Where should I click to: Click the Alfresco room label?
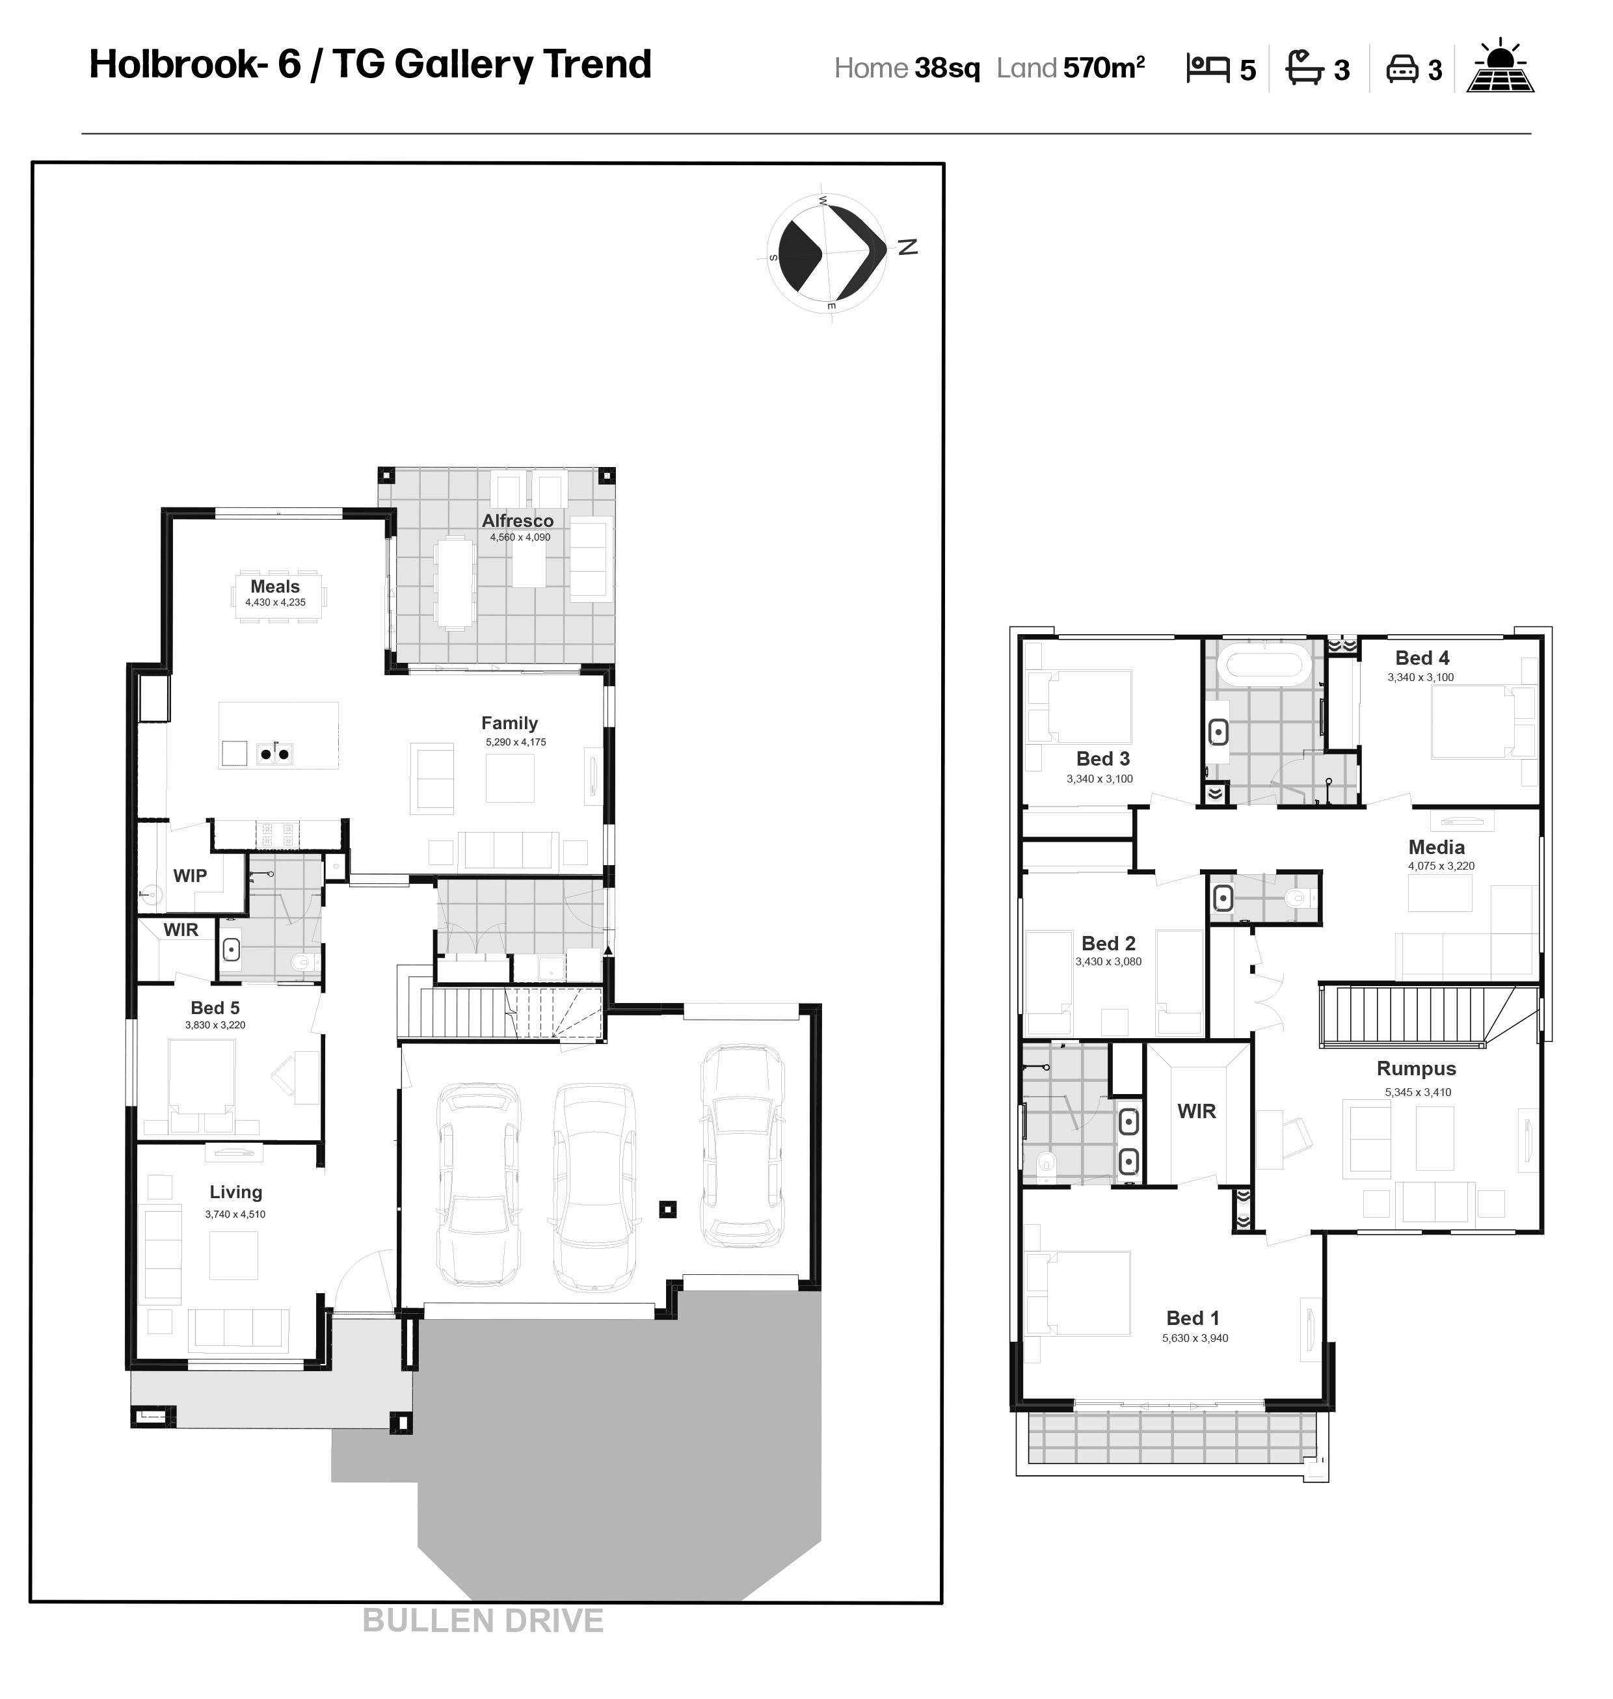518,520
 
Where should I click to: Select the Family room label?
509,723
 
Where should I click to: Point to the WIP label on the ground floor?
190,876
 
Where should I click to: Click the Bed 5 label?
215,1008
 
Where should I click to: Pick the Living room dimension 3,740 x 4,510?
235,1214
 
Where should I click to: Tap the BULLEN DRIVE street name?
483,1621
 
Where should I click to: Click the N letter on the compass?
908,247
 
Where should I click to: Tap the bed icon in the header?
1208,68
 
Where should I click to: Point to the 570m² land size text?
1104,68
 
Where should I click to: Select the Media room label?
1436,847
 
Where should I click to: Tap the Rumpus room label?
1416,1069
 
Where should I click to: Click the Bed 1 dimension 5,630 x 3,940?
1195,1338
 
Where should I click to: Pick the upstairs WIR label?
1196,1112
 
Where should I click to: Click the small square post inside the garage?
667,1210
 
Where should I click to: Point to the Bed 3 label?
1103,758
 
